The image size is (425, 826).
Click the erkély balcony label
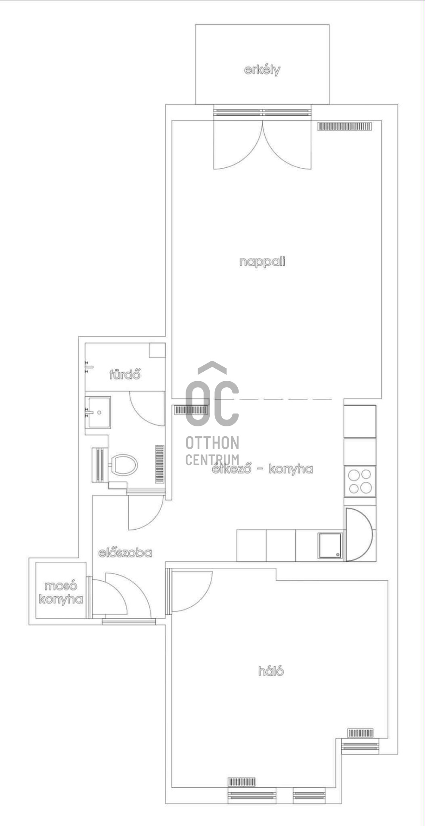[x=262, y=70]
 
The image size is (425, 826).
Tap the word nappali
[x=262, y=262]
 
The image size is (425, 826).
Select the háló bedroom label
[x=271, y=671]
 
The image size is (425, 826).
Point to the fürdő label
[x=125, y=374]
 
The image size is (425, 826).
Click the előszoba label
[x=125, y=553]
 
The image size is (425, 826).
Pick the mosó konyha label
[x=61, y=592]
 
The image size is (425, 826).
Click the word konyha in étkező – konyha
[x=291, y=469]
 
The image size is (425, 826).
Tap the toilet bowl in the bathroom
[x=124, y=465]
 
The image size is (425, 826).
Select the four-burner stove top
[x=360, y=481]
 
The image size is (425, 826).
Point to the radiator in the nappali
[x=344, y=126]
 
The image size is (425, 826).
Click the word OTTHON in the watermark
[x=212, y=443]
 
